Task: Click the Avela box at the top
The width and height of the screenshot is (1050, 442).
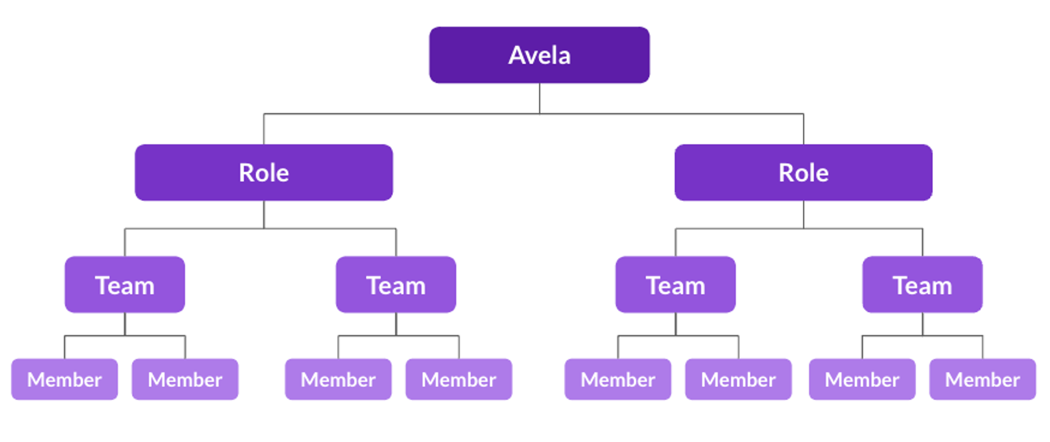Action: tap(539, 55)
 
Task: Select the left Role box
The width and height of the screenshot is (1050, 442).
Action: tap(264, 173)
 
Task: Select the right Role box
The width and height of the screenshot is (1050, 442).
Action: tap(803, 173)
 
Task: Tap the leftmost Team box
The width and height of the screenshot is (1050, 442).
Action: tap(124, 285)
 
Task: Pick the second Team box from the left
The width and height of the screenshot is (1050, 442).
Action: tap(396, 285)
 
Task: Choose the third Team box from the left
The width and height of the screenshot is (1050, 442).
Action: tap(675, 285)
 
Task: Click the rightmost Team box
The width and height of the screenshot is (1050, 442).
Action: tap(922, 285)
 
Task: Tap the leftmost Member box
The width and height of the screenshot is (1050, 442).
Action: tap(64, 379)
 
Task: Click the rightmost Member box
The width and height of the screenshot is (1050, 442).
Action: tap(982, 379)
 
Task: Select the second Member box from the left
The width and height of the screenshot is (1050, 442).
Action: tap(185, 379)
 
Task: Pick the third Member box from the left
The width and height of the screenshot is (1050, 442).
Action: tap(338, 379)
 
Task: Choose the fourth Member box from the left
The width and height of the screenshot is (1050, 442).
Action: tap(458, 379)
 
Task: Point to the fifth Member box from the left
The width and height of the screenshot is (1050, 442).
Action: tap(617, 379)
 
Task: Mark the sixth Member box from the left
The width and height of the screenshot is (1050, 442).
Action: tap(738, 379)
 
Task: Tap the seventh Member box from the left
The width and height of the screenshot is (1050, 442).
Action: tap(862, 379)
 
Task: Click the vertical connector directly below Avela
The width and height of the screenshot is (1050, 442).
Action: tap(539, 98)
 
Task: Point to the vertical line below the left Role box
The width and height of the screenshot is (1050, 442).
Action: tap(264, 214)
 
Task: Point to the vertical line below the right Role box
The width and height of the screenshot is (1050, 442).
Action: tap(803, 214)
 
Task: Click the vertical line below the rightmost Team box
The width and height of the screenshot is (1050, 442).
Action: tap(922, 324)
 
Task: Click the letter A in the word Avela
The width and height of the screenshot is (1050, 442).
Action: tap(517, 55)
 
